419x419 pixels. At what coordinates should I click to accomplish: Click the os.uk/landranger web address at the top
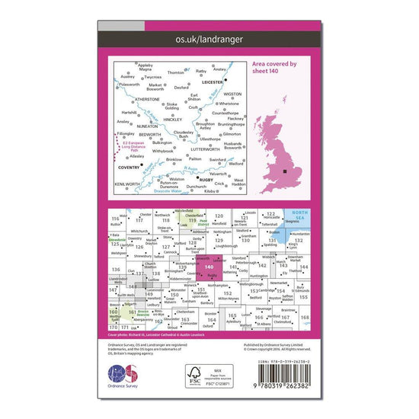click(x=209, y=36)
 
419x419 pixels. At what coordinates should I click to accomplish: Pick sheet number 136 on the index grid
click(x=116, y=270)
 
